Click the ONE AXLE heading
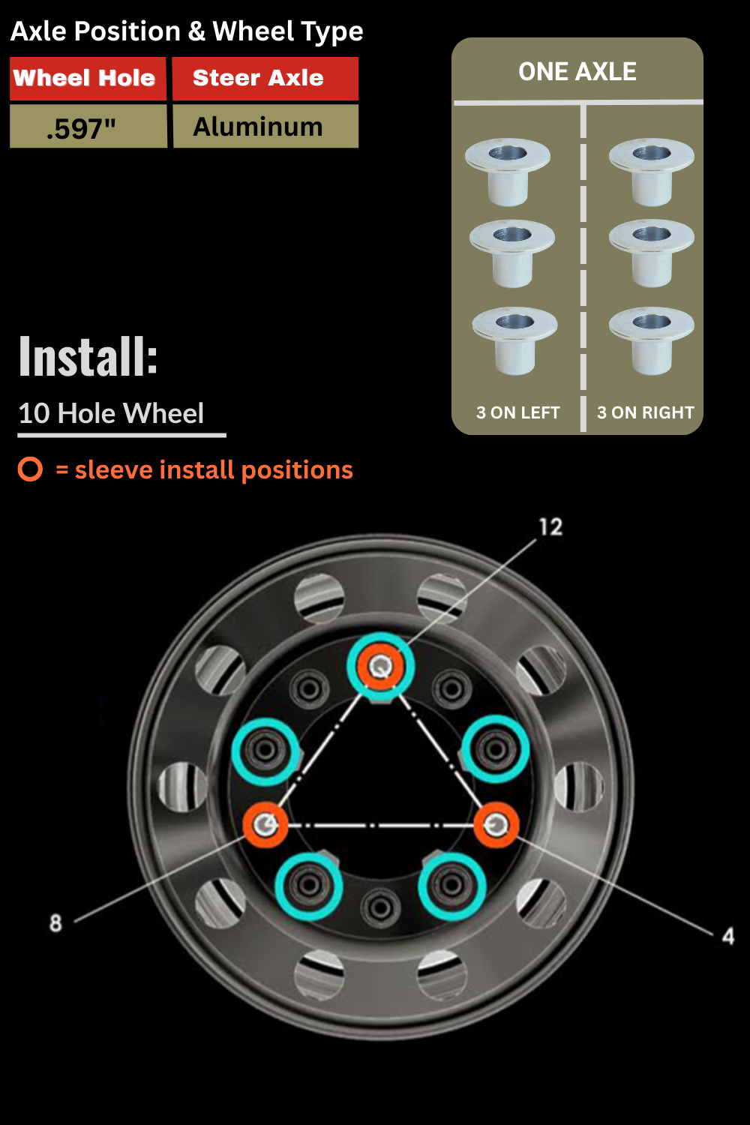[x=577, y=71]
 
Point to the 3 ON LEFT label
[x=517, y=412]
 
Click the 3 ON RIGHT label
[x=645, y=412]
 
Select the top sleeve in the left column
[x=508, y=171]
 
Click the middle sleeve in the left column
[x=512, y=253]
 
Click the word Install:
[x=88, y=356]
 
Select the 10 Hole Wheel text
[x=111, y=413]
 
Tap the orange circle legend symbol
[x=31, y=469]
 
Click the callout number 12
[x=550, y=526]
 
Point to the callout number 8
[x=55, y=922]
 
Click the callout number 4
[x=727, y=935]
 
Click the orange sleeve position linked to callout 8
[x=265, y=825]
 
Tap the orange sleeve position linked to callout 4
[x=495, y=825]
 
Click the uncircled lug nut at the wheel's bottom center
[x=380, y=907]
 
